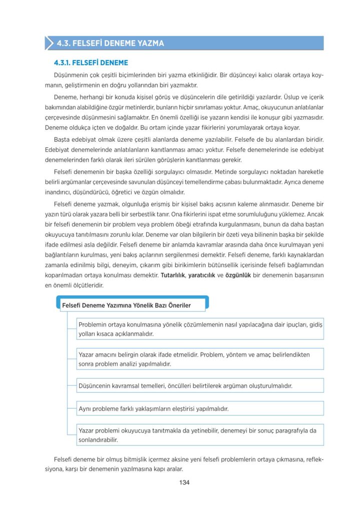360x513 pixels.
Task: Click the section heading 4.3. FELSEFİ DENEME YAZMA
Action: (111, 43)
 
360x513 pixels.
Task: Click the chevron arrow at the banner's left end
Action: (49, 43)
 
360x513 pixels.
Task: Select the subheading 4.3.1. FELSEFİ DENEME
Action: (91, 63)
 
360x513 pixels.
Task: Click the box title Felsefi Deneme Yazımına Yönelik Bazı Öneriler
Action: (126, 305)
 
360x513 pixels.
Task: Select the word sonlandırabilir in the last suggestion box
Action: (98, 440)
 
